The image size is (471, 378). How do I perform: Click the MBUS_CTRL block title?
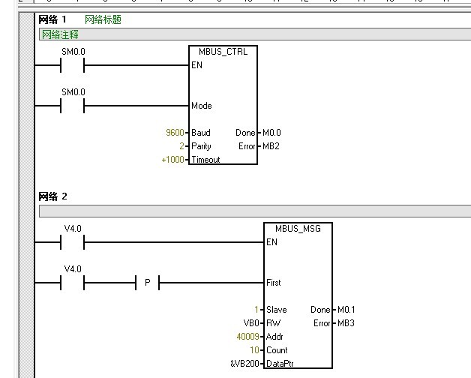(x=223, y=52)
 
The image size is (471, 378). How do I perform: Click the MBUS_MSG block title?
(x=298, y=228)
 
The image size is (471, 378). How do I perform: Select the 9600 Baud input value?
(x=175, y=133)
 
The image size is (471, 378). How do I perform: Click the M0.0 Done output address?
(x=271, y=133)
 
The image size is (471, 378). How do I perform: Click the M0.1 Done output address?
(x=346, y=310)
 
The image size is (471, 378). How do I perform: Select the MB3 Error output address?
(x=345, y=323)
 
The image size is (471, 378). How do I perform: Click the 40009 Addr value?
(x=247, y=337)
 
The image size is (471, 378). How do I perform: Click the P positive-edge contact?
(x=147, y=283)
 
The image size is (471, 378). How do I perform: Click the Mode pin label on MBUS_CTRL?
(x=201, y=106)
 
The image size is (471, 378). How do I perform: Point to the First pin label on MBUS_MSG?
(x=274, y=283)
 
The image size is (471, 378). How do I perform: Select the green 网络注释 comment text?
(x=60, y=34)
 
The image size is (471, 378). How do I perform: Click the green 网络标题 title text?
(x=103, y=19)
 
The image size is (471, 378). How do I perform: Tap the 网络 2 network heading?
(x=53, y=196)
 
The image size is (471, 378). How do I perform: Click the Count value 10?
(x=254, y=350)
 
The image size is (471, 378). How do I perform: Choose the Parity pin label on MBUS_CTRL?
(x=201, y=146)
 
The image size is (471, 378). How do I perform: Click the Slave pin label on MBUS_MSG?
(x=276, y=310)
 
